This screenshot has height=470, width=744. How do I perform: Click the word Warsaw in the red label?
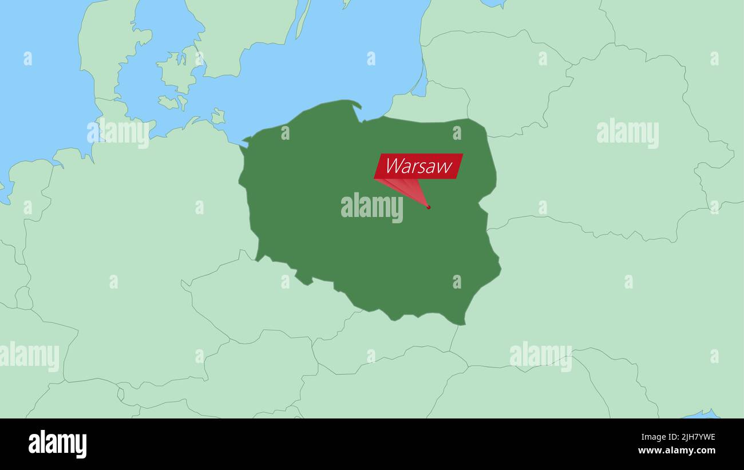(x=418, y=166)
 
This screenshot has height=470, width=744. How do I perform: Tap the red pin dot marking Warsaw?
(x=428, y=207)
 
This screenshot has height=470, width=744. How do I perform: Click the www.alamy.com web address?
(x=676, y=451)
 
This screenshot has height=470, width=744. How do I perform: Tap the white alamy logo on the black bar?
(x=57, y=444)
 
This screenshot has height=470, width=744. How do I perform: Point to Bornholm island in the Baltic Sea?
(x=217, y=116)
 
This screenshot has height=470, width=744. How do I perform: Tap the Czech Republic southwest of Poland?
(x=258, y=303)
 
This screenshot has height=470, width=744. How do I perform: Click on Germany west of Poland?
(x=143, y=229)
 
